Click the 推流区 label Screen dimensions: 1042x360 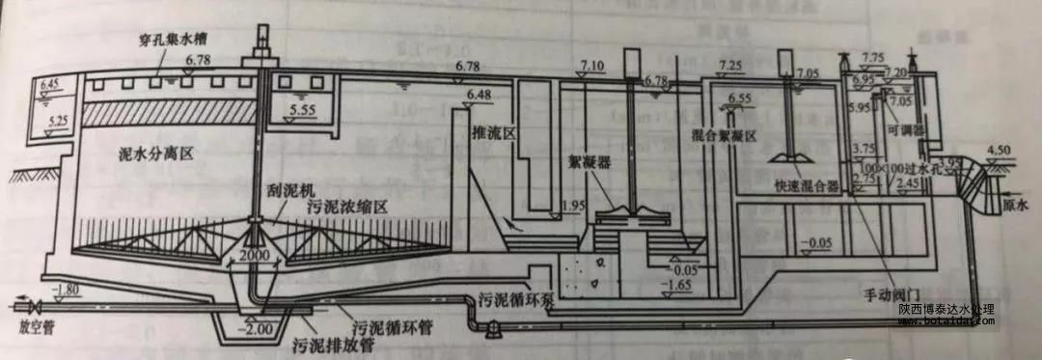point(488,133)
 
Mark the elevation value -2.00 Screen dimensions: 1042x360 point(260,328)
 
